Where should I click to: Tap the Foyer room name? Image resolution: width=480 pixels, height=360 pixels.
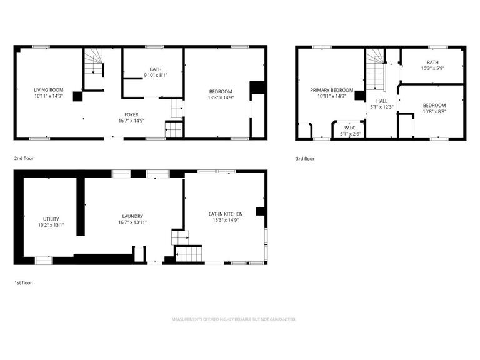(x=131, y=114)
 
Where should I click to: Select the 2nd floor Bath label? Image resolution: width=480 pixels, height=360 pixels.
(x=156, y=69)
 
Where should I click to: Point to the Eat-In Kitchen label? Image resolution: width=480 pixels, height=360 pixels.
(x=226, y=214)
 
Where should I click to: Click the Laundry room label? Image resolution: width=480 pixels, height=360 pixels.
(x=132, y=216)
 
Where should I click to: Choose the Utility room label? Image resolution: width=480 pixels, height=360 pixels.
(x=51, y=219)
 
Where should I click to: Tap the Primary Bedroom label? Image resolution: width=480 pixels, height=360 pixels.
(x=332, y=90)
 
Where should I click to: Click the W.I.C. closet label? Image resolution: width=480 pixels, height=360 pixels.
(x=350, y=127)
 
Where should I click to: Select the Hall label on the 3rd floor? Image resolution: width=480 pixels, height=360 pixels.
(x=381, y=100)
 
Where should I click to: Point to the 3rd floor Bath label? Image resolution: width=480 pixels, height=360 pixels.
(x=432, y=62)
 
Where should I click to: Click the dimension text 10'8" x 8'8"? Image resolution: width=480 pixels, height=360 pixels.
(x=434, y=111)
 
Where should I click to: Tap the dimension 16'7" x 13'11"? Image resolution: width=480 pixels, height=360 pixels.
(x=132, y=222)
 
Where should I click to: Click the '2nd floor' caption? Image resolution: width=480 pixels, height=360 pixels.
(x=24, y=158)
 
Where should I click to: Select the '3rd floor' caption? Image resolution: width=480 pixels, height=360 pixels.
(x=305, y=158)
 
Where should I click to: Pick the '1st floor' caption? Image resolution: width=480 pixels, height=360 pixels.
(x=23, y=282)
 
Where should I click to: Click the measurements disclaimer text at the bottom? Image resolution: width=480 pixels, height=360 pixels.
(x=234, y=319)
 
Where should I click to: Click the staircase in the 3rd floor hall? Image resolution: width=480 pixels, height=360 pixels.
(x=374, y=70)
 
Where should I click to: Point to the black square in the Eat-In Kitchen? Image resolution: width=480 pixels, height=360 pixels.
(x=261, y=211)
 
